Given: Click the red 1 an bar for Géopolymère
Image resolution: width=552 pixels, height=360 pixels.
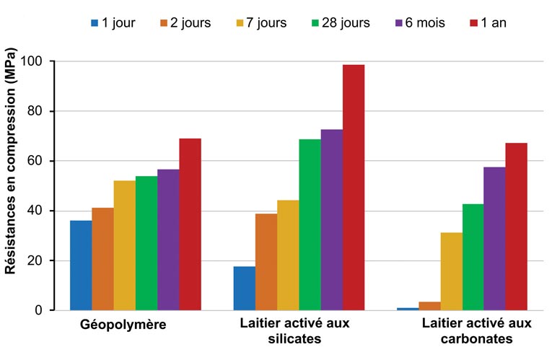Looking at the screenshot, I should coord(190,224).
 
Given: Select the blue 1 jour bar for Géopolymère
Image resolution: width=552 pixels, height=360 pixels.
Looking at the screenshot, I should coord(81,265).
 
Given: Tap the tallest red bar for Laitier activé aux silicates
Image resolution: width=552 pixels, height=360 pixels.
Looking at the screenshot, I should coord(354,188).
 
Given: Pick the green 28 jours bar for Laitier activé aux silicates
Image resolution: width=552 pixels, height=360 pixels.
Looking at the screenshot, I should coord(310,224).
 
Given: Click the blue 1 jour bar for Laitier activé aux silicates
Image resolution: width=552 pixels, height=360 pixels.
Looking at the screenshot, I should coord(244,289).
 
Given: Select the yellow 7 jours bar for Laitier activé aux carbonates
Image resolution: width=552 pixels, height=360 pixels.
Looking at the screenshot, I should coord(452,271).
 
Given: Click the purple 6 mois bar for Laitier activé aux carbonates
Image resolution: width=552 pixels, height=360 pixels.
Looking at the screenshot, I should coord(494,239).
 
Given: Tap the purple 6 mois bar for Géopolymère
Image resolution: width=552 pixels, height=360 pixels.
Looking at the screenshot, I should coord(168,240).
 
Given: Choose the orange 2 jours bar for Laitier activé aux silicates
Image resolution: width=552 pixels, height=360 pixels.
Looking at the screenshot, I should coord(266,262).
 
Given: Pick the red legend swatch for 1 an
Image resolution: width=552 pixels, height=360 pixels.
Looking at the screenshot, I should coord(475,23).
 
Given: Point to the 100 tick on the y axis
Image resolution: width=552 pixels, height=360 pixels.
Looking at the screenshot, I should coord(44,61).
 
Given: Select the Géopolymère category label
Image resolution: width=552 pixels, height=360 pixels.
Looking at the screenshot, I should coord(123,325).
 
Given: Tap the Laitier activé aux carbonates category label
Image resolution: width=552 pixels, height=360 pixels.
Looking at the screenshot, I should coord(476,330).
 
